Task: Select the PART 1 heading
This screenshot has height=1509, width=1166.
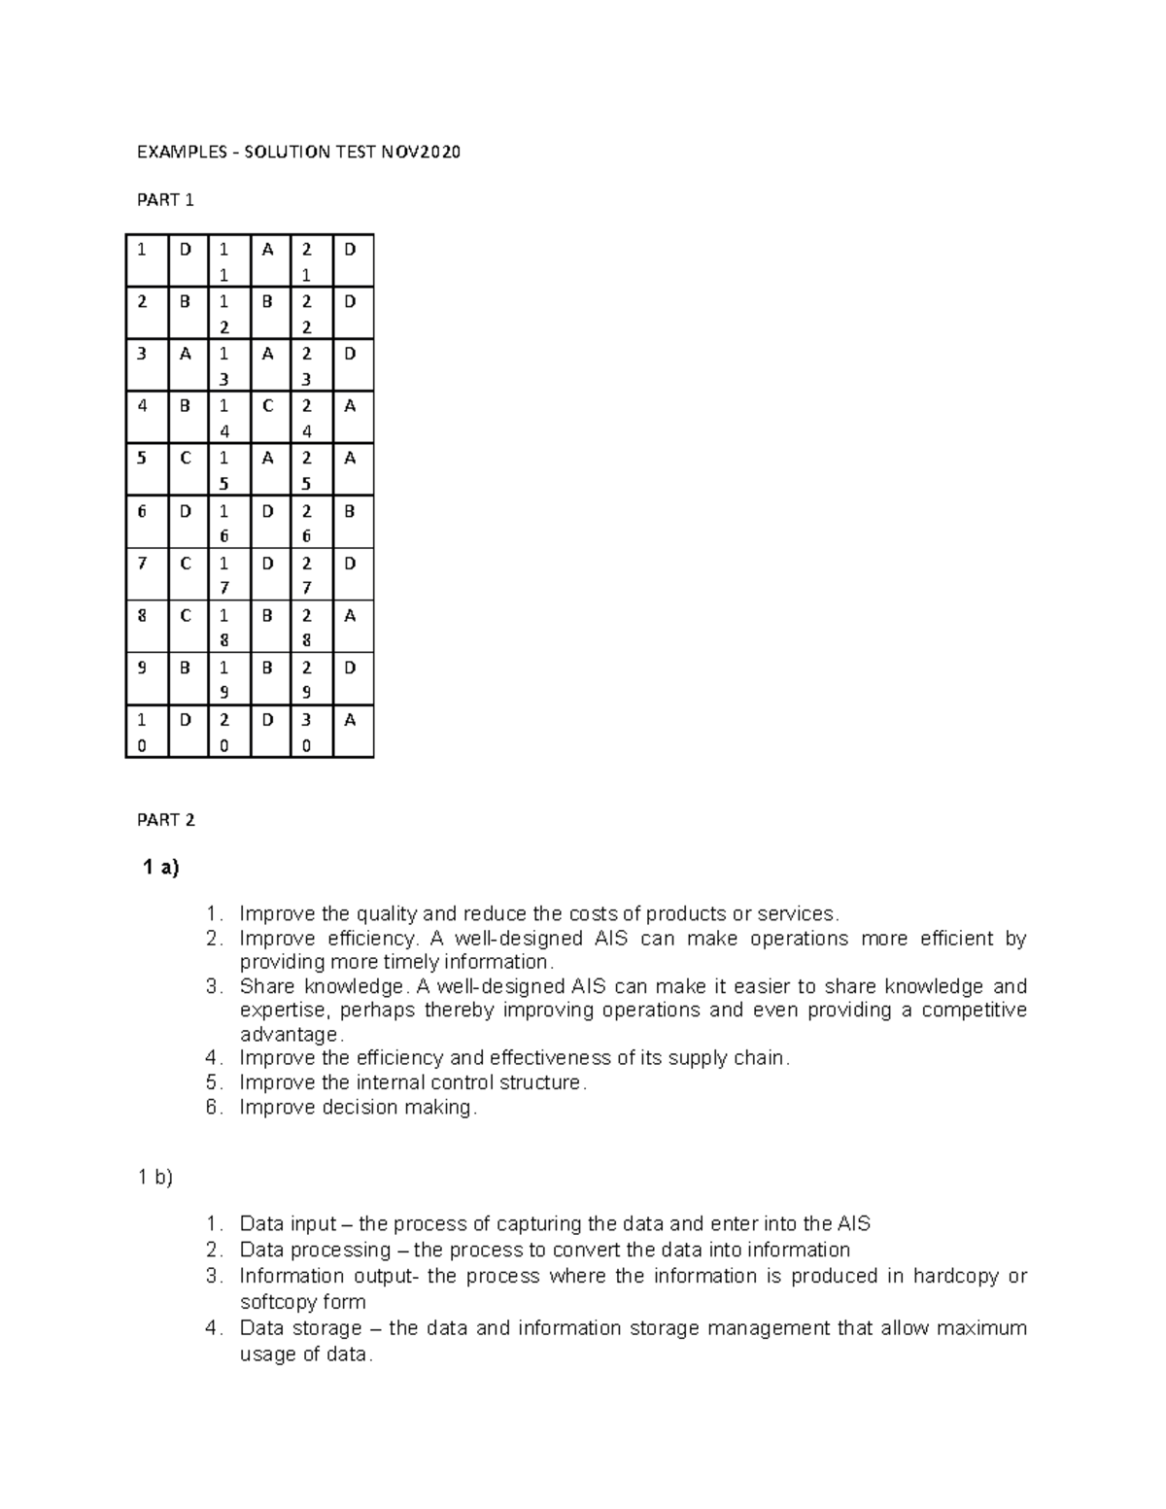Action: point(165,200)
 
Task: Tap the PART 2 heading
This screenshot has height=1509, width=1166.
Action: point(165,820)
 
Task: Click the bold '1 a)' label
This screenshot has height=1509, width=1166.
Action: point(161,868)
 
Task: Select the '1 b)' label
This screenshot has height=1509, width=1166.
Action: point(154,1177)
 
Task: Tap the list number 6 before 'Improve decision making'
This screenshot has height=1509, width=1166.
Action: point(214,1107)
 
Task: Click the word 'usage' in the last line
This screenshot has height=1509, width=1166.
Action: point(265,1355)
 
